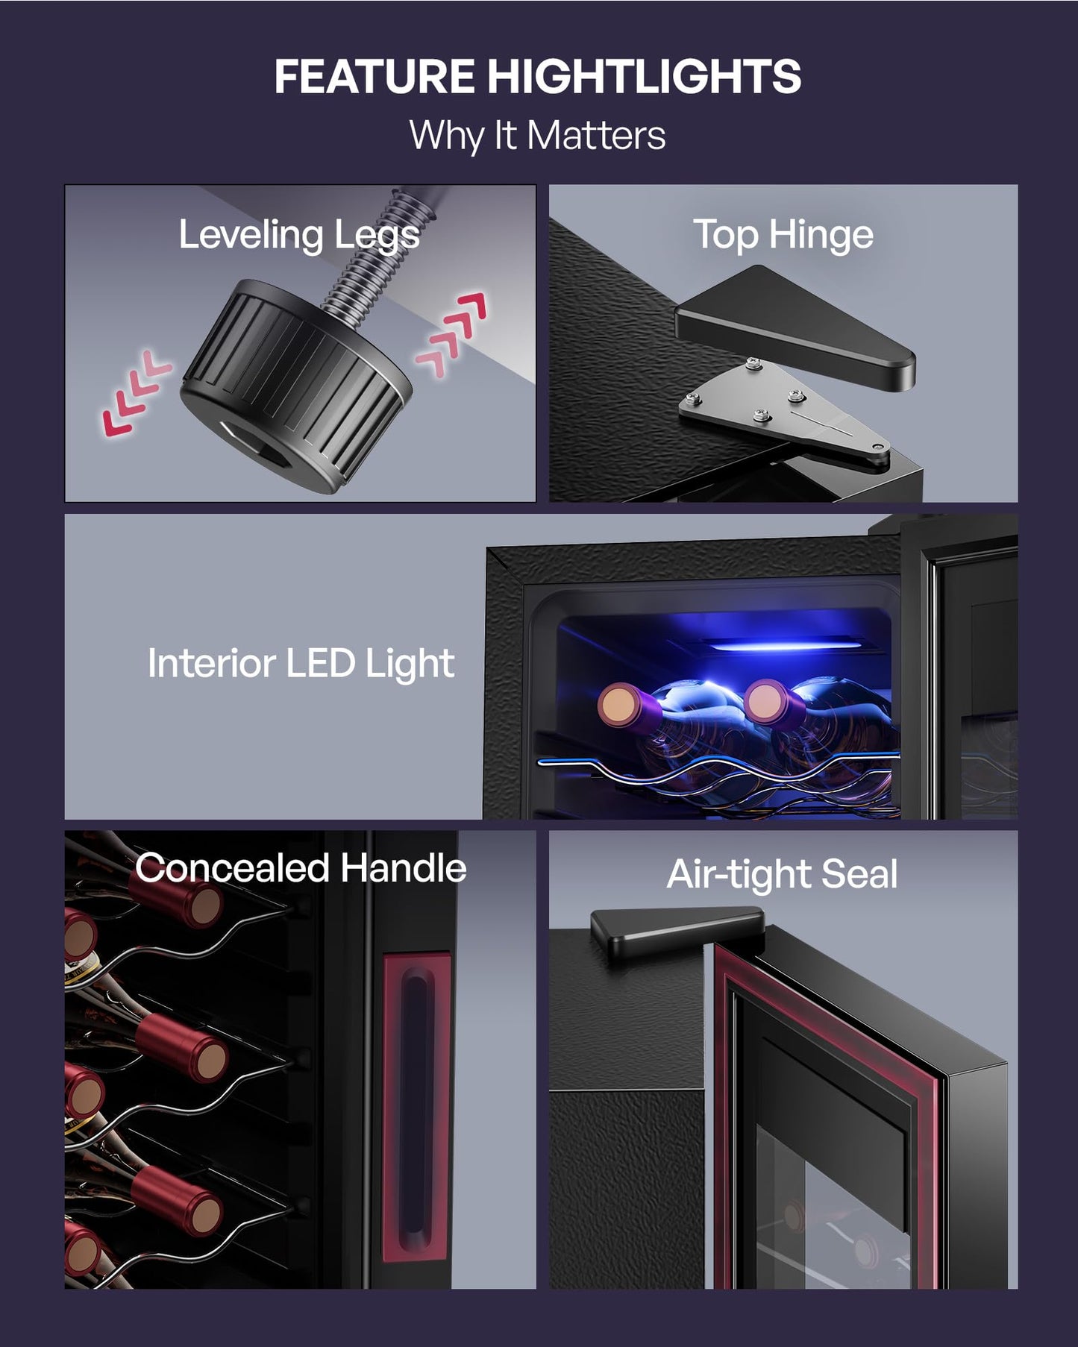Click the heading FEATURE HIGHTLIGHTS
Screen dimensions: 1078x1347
(x=538, y=76)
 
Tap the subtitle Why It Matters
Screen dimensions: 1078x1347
(x=537, y=136)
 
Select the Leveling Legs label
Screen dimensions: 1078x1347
(x=299, y=236)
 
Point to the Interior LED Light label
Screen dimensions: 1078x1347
(x=301, y=663)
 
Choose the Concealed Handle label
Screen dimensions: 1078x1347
(x=301, y=868)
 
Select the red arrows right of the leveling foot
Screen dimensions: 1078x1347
(x=451, y=333)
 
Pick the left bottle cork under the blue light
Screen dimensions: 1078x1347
(x=618, y=707)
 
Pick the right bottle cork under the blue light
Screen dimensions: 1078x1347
(x=765, y=702)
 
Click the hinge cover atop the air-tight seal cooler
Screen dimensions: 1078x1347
(x=677, y=933)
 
